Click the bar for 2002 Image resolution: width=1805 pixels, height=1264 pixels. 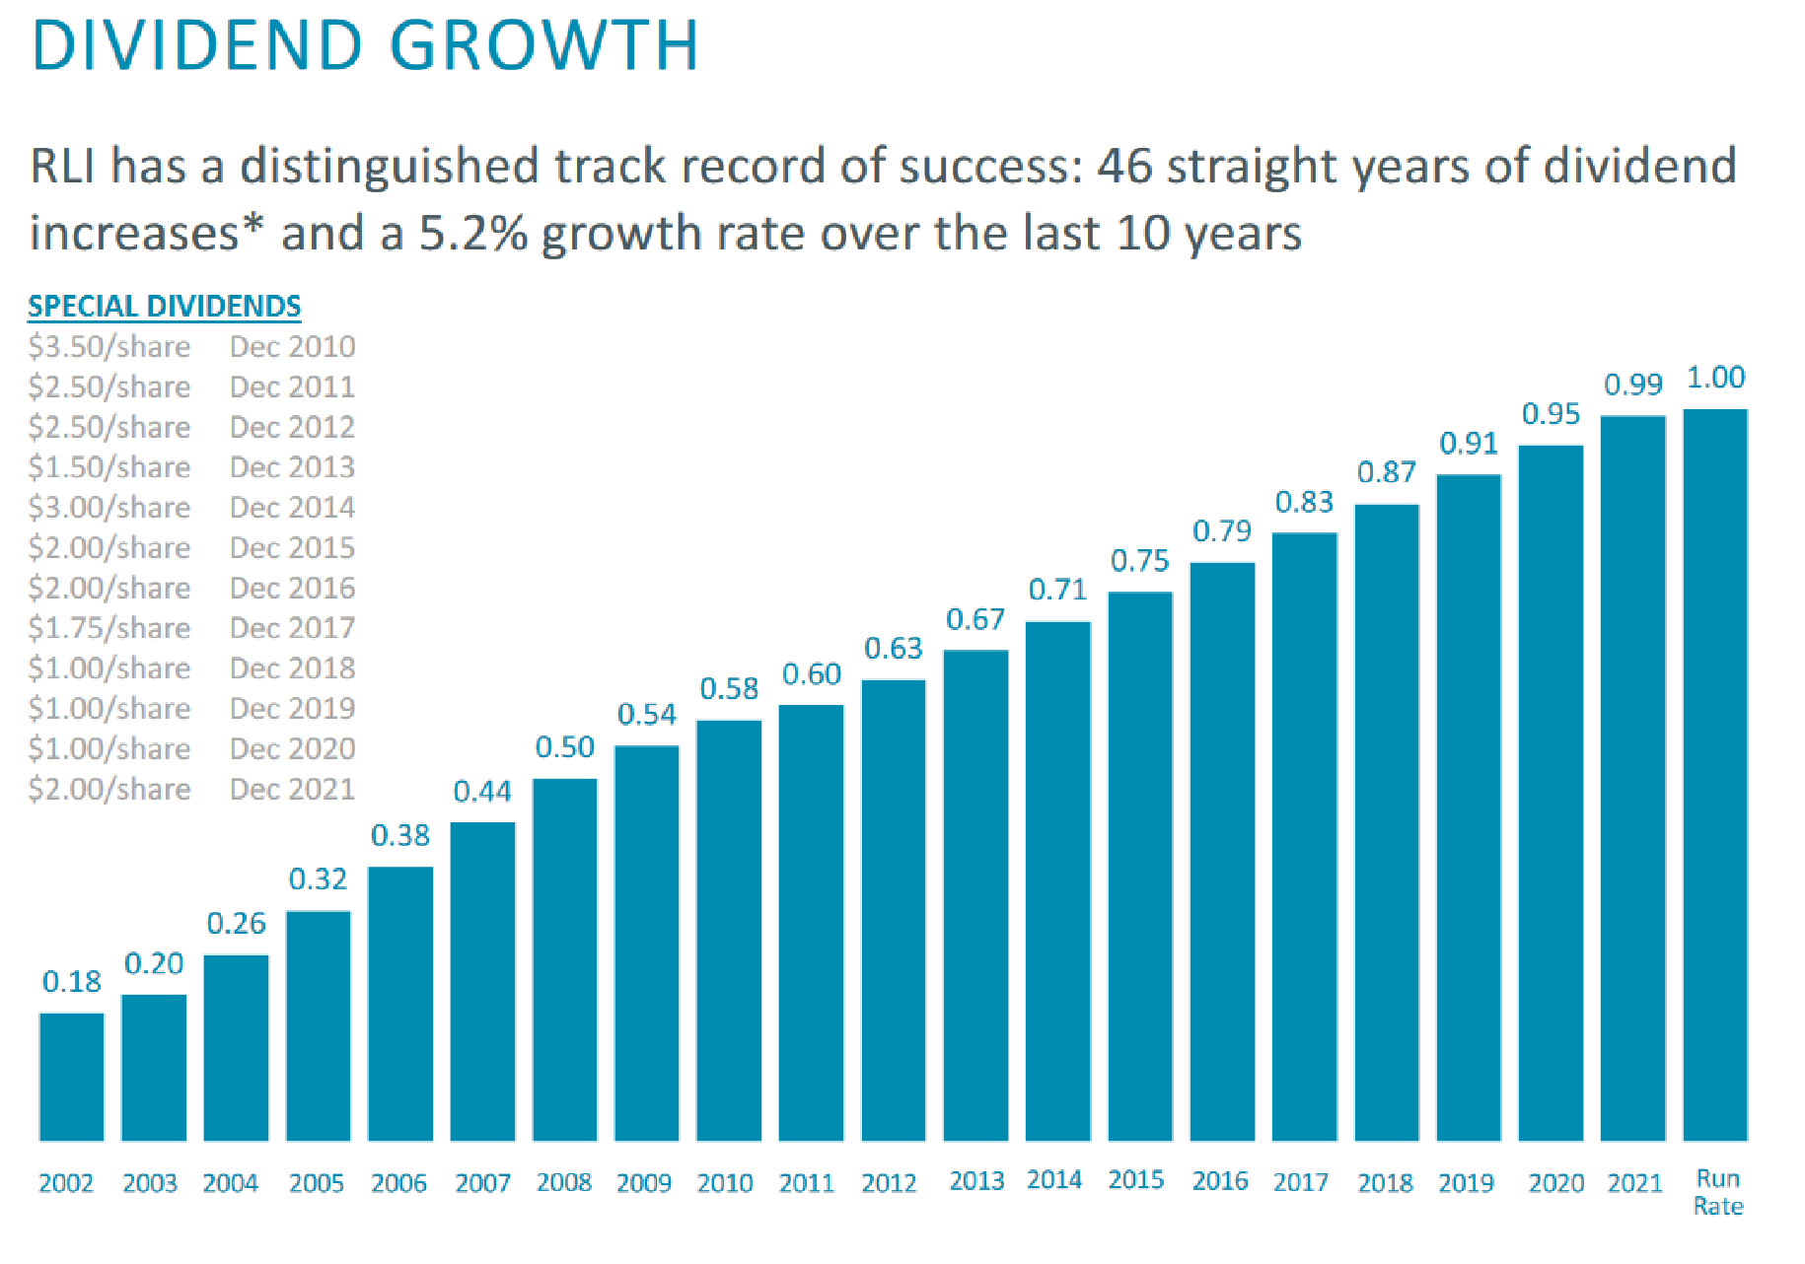click(71, 1077)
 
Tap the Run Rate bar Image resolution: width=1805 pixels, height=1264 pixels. click(1714, 774)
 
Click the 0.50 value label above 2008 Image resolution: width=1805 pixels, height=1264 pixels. click(564, 747)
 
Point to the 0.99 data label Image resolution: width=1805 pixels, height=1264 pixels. click(1632, 385)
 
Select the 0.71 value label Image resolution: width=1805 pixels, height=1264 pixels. click(1057, 590)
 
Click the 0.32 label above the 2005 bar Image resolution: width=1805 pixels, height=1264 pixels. click(318, 878)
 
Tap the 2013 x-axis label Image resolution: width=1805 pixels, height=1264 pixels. click(975, 1181)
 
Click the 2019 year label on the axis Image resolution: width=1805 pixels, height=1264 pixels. click(1466, 1182)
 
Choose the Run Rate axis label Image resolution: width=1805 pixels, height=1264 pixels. click(1717, 1192)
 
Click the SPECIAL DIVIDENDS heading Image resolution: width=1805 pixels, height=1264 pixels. click(164, 307)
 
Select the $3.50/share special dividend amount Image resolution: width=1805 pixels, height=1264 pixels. click(108, 347)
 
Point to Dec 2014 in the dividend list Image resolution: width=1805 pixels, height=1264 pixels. click(292, 508)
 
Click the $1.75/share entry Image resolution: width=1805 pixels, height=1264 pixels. click(108, 628)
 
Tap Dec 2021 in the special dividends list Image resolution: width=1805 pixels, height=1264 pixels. click(292, 789)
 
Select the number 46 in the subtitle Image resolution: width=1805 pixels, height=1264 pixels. click(1124, 166)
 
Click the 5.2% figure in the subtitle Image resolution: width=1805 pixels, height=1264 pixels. click(472, 234)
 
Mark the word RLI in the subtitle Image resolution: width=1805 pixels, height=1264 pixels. click(64, 166)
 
